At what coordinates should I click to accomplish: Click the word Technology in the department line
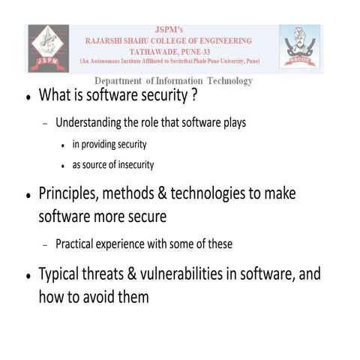[226, 81]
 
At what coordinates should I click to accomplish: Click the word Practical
[77, 243]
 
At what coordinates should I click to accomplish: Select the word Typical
[63, 274]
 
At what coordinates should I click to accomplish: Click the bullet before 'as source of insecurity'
[65, 166]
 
